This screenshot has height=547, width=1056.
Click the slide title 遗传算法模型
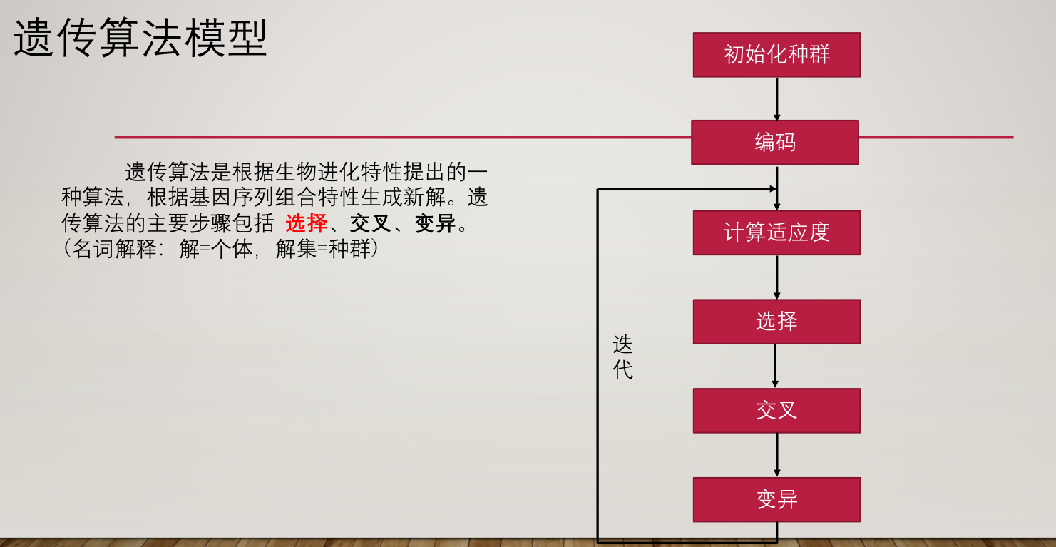pyautogui.click(x=140, y=38)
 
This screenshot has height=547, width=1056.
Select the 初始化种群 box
pyautogui.click(x=776, y=55)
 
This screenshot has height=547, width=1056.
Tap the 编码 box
pyautogui.click(x=775, y=143)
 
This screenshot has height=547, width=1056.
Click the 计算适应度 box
pyautogui.click(x=776, y=232)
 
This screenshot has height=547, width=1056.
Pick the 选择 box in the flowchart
pyautogui.click(x=776, y=322)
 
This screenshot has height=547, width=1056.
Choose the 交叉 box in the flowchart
pyautogui.click(x=776, y=411)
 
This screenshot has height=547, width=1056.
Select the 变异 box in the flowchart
pyautogui.click(x=776, y=499)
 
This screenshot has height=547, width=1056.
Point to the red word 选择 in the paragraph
pyautogui.click(x=306, y=224)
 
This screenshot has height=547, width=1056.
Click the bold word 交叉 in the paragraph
pyautogui.click(x=371, y=224)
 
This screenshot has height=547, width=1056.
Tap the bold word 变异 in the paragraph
pyautogui.click(x=435, y=224)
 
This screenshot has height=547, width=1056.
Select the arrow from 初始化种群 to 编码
pyautogui.click(x=776, y=98)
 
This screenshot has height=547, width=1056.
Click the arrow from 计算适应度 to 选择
pyautogui.click(x=776, y=277)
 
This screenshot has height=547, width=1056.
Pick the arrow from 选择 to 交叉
pyautogui.click(x=776, y=366)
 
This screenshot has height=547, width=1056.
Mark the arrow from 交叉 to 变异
pyautogui.click(x=776, y=455)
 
